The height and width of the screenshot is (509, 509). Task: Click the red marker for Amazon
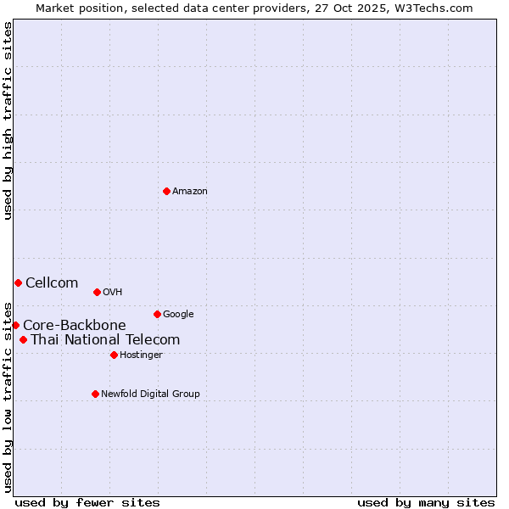click(x=166, y=191)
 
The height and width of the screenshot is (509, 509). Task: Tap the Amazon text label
click(x=190, y=192)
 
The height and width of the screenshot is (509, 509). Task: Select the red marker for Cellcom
click(x=18, y=282)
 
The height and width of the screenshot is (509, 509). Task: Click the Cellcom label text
click(x=52, y=283)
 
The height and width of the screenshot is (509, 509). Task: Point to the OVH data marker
click(x=97, y=292)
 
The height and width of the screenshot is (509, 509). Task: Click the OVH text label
click(x=113, y=293)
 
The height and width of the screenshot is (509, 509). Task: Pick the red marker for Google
click(x=157, y=314)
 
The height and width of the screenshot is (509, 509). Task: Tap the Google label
click(x=178, y=315)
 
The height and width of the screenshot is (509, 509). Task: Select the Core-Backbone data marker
click(x=15, y=325)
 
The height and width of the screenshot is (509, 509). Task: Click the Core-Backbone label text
click(x=75, y=326)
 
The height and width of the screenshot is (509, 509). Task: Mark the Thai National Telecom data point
click(x=23, y=340)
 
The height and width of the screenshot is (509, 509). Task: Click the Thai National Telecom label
click(x=105, y=340)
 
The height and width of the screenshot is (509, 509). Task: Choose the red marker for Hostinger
click(x=114, y=355)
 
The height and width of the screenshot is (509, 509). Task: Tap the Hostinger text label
click(x=141, y=355)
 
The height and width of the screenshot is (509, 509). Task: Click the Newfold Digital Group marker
click(x=95, y=394)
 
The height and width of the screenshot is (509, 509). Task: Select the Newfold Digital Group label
click(x=150, y=394)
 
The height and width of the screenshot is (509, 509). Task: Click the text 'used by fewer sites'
click(x=87, y=502)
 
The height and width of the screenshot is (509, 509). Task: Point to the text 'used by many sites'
click(x=426, y=502)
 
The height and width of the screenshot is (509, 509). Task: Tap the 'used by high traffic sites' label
click(x=8, y=120)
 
